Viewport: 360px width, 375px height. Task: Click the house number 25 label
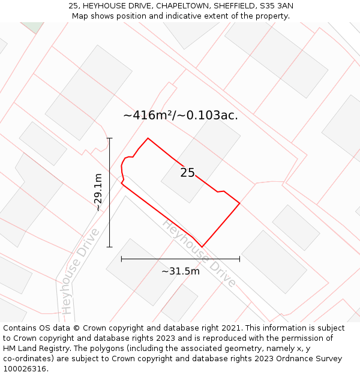[x=188, y=173]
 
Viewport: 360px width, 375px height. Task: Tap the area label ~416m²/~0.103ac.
[x=181, y=115]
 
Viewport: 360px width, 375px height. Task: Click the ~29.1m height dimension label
[x=98, y=192]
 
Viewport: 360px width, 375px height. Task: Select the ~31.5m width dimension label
[x=181, y=271]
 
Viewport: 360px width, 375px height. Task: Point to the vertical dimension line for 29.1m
[x=110, y=192]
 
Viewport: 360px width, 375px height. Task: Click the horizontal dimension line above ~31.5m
[x=180, y=259]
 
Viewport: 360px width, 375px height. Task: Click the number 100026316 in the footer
[x=25, y=368]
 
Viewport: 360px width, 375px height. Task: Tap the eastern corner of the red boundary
[x=240, y=203]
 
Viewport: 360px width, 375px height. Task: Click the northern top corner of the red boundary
[x=148, y=139]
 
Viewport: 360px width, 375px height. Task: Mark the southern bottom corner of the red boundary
[x=202, y=247]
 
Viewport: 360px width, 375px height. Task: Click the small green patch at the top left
[x=34, y=26]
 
